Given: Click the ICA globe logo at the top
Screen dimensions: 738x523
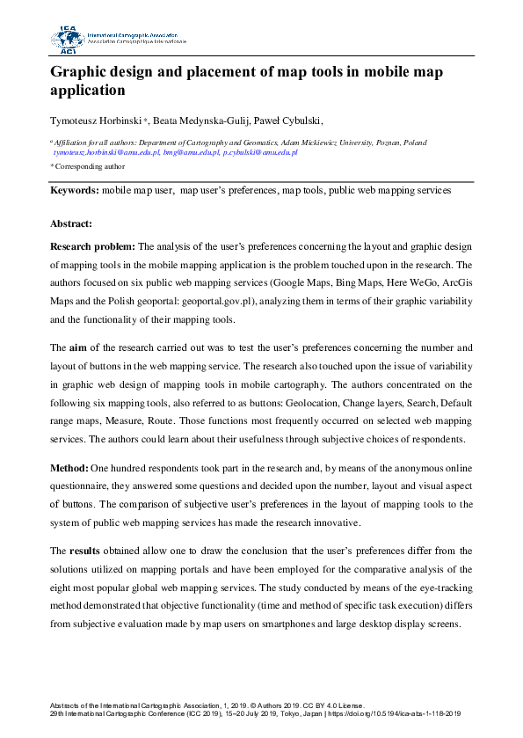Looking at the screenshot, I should click(67, 40).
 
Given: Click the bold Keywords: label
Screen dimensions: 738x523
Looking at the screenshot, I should click(75, 189).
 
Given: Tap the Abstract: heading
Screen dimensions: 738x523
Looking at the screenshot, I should click(71, 224).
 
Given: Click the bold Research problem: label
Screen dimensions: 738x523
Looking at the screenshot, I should click(92, 247).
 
